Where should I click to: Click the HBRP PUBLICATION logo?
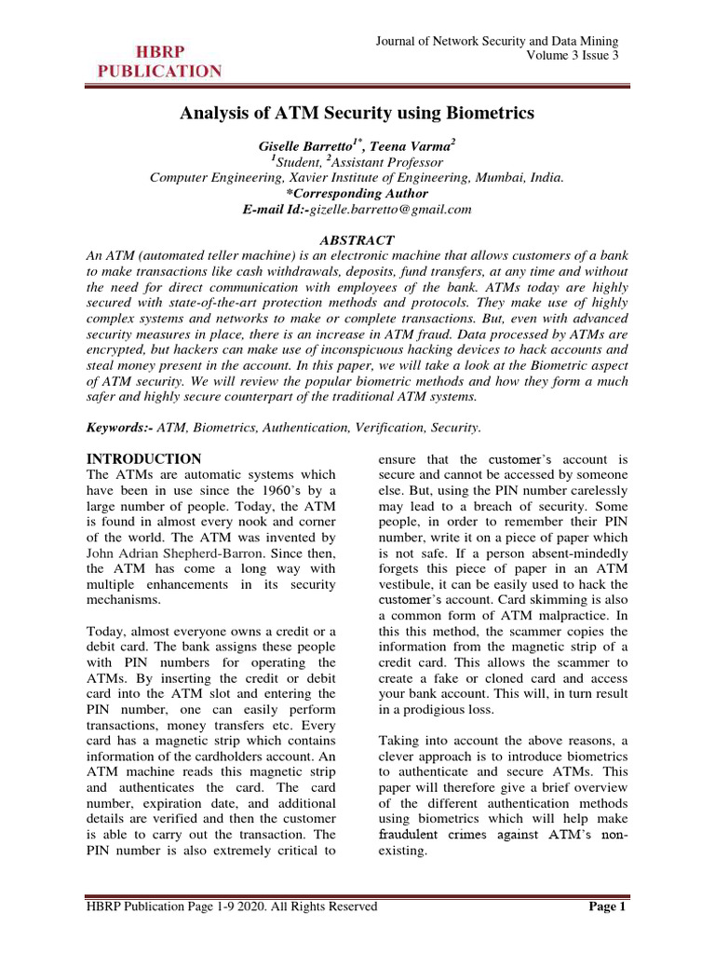click(156, 61)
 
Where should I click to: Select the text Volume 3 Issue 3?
click(572, 56)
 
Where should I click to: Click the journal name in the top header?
click(496, 41)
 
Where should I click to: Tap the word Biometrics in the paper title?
click(489, 114)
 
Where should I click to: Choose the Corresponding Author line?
click(357, 193)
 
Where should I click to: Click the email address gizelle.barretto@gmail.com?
click(390, 210)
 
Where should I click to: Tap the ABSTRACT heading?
click(357, 240)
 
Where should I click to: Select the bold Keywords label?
click(119, 428)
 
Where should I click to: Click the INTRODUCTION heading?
click(143, 459)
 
